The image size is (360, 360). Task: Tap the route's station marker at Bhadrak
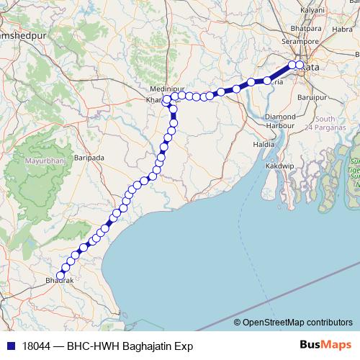(x=60, y=274)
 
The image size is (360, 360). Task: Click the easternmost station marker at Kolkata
(x=300, y=66)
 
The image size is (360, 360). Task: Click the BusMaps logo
(x=326, y=346)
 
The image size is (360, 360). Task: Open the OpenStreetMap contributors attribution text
(x=297, y=322)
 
